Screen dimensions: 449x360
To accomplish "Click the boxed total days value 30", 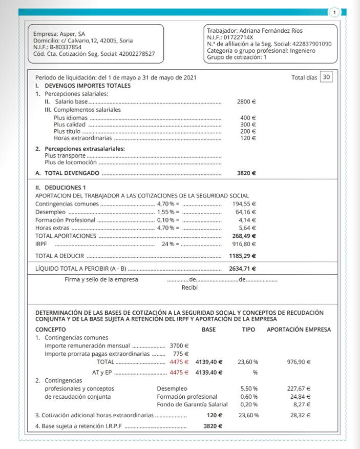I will pos(326,77).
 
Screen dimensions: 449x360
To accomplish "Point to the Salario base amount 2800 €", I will pos(246,101).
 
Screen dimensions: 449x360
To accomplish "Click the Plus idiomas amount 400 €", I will pos(248,117).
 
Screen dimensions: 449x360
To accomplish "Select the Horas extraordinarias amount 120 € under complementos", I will pos(248,138).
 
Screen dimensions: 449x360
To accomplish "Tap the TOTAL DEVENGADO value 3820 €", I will pos(246,173).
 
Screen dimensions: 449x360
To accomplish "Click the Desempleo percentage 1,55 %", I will pos(166,212).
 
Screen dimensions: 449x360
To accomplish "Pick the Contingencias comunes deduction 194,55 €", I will pos(244,203).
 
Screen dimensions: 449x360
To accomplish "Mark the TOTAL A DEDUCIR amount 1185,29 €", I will pos(243,255).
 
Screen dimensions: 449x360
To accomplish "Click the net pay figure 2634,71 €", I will pos(243,268).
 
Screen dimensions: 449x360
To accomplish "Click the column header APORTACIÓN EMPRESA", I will pos(299,329).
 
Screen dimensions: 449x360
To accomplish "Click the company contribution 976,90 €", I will pos(300,362).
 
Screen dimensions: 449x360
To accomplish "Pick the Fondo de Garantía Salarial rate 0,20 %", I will pos(249,405).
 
